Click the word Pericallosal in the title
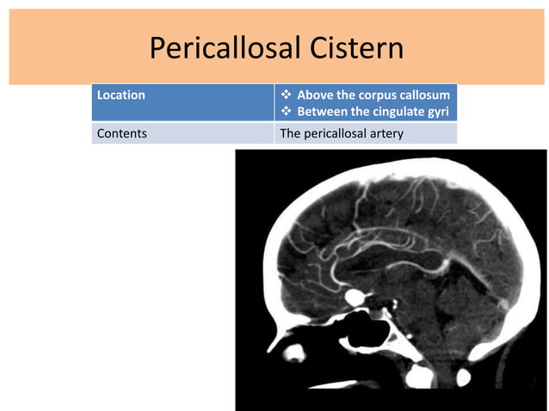pyautogui.click(x=225, y=48)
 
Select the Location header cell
pyautogui.click(x=121, y=95)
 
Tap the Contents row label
pyautogui.click(x=122, y=134)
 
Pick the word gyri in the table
pyautogui.click(x=439, y=113)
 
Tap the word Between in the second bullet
pyautogui.click(x=321, y=113)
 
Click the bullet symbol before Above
pyautogui.click(x=287, y=95)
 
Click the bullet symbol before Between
pyautogui.click(x=287, y=113)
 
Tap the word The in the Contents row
pyautogui.click(x=290, y=134)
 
